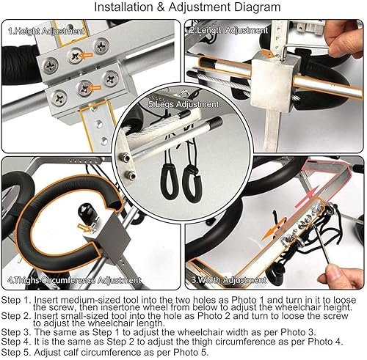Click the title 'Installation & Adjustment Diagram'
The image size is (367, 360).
187,7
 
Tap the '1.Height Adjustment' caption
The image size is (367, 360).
46,31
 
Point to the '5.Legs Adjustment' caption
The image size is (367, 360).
183,104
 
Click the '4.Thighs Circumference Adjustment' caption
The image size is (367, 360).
74,280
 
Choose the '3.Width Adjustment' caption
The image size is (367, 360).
229,280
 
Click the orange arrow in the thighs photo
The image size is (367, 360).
84,228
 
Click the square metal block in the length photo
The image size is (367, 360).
273,82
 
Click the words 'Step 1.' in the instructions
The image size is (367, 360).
16,300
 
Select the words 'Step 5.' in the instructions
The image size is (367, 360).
16,353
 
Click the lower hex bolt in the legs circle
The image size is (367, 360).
131,175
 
